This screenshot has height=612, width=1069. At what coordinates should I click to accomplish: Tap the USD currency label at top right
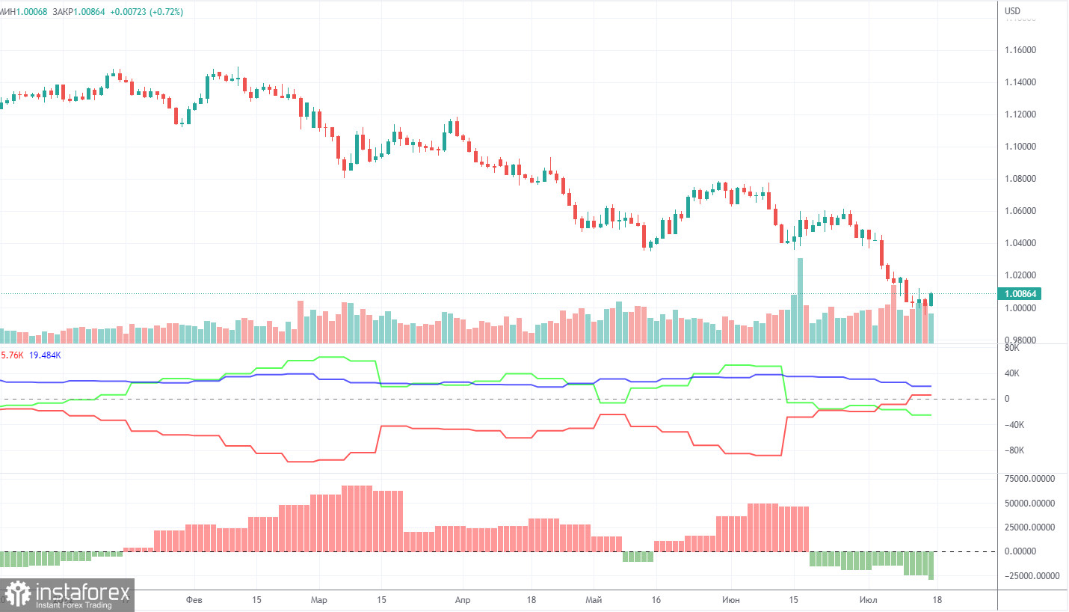tap(1013, 11)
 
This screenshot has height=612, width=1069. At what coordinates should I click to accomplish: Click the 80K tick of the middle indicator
tap(1011, 348)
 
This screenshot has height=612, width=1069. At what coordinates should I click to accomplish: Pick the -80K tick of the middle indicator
tap(1014, 450)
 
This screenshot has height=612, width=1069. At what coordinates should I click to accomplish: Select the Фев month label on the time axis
tap(194, 600)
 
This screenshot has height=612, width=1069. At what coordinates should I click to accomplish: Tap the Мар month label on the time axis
tap(319, 600)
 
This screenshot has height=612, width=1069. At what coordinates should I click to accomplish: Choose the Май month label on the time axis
tap(594, 600)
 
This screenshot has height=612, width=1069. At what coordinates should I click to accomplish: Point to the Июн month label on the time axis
tap(732, 600)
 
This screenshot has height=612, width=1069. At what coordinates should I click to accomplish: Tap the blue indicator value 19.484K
tap(45, 355)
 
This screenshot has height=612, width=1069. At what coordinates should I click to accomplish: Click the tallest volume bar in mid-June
tap(800, 299)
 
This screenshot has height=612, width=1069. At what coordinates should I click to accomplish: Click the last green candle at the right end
tap(931, 299)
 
